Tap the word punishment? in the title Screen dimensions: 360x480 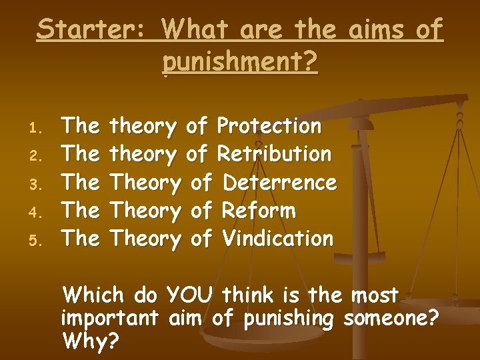tap(240, 63)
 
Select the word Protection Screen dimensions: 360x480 tap(269, 125)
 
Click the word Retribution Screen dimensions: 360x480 tap(274, 153)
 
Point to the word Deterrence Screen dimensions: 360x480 tap(279, 182)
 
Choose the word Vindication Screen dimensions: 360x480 tap(277, 238)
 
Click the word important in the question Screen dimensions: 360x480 tap(109, 318)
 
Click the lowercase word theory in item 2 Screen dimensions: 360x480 tap(143, 154)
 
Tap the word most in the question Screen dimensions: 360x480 tap(375, 295)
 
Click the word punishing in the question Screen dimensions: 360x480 tap(285, 319)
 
